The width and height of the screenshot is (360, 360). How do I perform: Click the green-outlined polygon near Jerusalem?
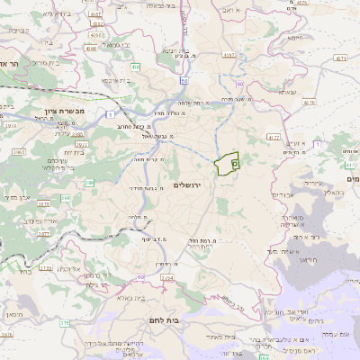[226, 164]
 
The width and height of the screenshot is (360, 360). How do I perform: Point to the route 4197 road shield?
[229, 55]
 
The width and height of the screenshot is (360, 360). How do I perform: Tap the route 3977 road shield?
[81, 144]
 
